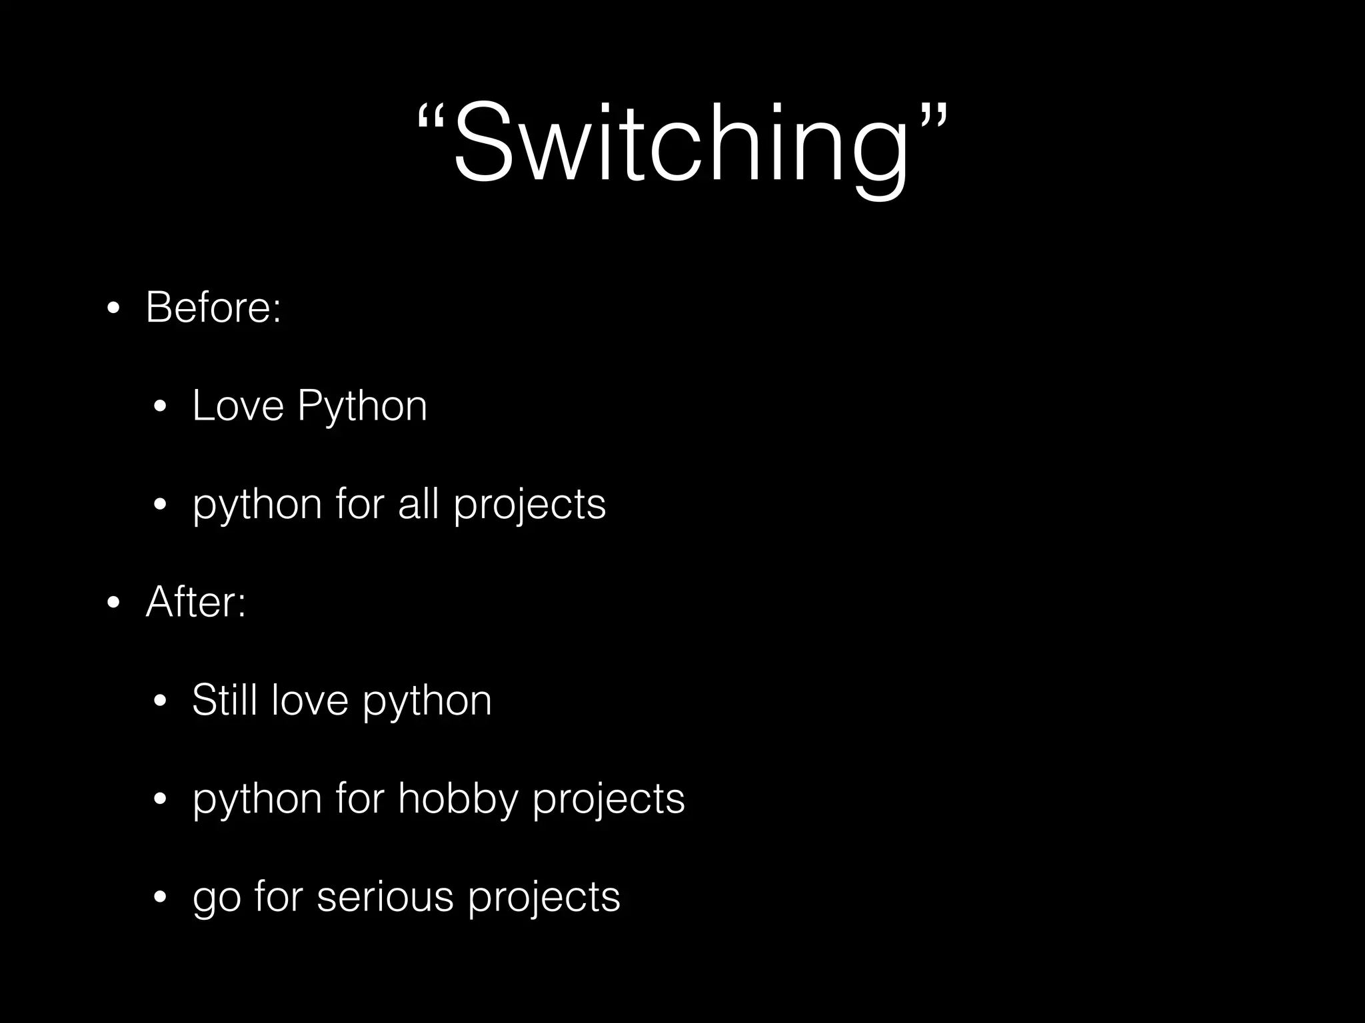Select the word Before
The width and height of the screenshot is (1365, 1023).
pyautogui.click(x=207, y=308)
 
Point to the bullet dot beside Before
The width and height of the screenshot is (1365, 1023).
pyautogui.click(x=113, y=309)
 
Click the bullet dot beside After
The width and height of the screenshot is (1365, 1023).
pyautogui.click(x=113, y=603)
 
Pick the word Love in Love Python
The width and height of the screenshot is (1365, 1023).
pyautogui.click(x=238, y=406)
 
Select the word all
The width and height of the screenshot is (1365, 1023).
pyautogui.click(x=418, y=504)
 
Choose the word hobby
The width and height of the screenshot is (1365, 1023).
pyautogui.click(x=458, y=799)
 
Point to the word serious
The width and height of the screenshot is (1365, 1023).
pyautogui.click(x=385, y=896)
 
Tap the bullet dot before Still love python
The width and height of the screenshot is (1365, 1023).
pyautogui.click(x=159, y=701)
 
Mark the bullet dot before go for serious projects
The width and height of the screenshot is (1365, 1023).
pyautogui.click(x=159, y=898)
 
